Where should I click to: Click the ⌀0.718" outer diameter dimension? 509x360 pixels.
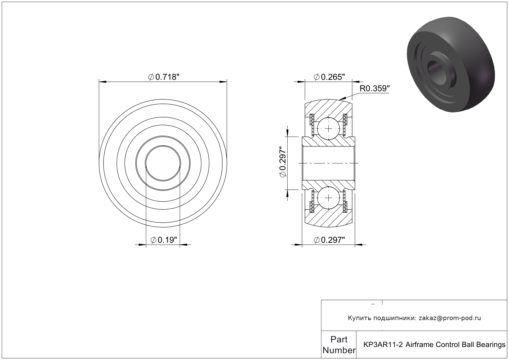[x=164, y=77]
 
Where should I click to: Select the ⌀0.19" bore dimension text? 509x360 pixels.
[x=164, y=240]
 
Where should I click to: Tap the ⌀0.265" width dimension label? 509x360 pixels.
[x=329, y=77]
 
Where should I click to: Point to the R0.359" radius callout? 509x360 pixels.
[x=374, y=88]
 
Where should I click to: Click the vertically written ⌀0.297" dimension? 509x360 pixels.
[x=283, y=162]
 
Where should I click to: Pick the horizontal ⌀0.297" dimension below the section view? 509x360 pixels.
[x=329, y=240]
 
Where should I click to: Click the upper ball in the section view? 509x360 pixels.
[x=329, y=129]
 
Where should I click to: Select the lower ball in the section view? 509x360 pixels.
[x=329, y=198]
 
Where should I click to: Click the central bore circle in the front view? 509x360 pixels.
[x=163, y=163]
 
